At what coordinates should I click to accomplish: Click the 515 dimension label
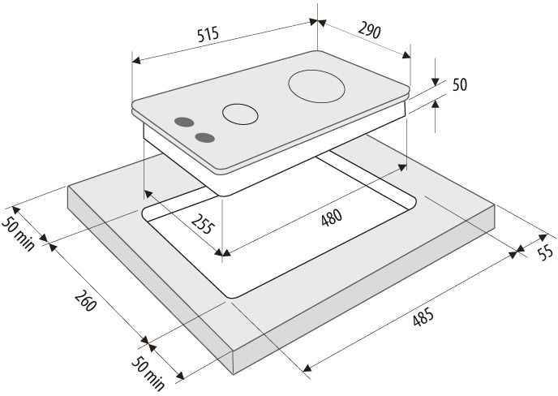[x=208, y=34]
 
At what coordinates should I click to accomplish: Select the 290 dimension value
[x=369, y=30]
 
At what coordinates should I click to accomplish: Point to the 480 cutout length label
[x=331, y=217]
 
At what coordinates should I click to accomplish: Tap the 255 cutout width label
[x=204, y=223]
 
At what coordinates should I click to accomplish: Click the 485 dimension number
[x=423, y=316]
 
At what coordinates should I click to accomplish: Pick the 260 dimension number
[x=85, y=300]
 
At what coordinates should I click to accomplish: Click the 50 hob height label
[x=460, y=85]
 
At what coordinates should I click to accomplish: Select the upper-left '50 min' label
[x=19, y=233]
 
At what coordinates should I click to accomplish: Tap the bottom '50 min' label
[x=148, y=372]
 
